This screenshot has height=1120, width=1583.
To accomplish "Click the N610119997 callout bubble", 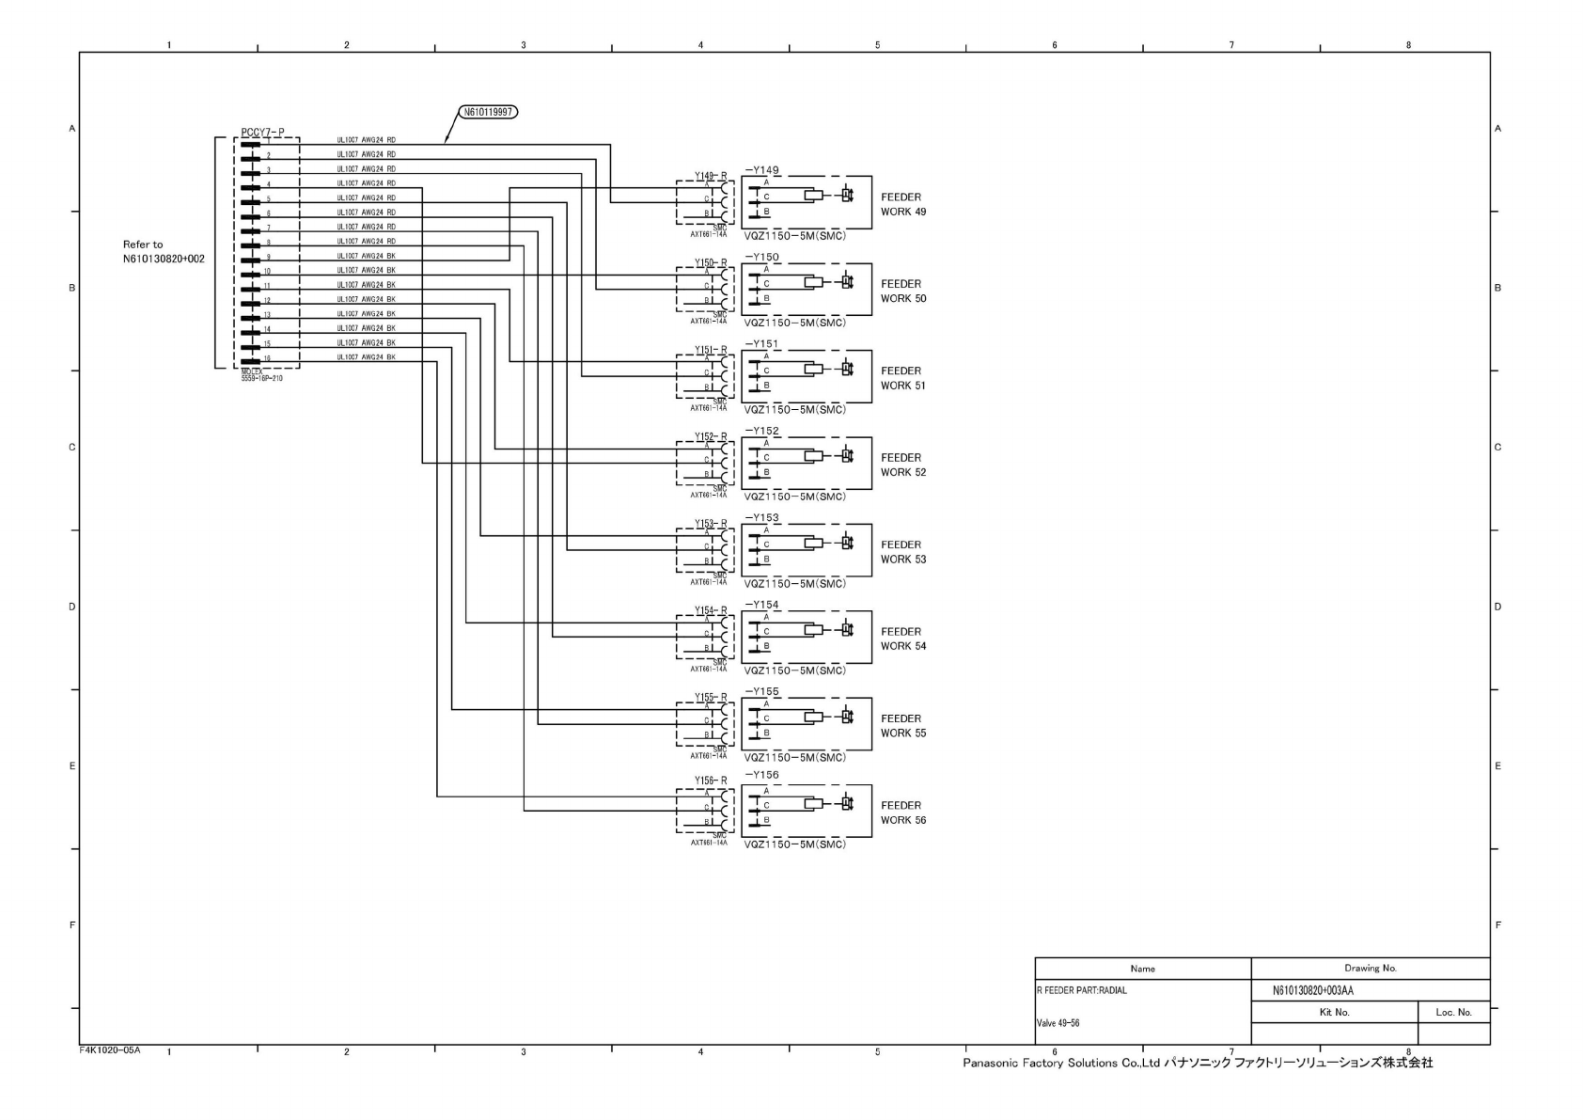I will [x=489, y=112].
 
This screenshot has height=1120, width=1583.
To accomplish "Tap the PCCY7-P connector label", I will [x=262, y=133].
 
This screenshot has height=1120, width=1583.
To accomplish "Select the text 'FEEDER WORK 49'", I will [x=902, y=205].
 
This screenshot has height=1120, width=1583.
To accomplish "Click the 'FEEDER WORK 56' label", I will [x=902, y=812].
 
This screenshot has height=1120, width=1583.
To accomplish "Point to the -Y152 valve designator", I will [x=762, y=431].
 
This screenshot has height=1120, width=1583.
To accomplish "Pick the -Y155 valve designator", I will [x=762, y=691].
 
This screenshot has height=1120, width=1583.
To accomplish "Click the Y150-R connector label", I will [x=711, y=263].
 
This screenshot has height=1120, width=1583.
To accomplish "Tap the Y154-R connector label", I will [x=711, y=611].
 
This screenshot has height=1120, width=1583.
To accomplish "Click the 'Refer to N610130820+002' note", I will [x=163, y=251].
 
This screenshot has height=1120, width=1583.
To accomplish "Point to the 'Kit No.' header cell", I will [x=1334, y=1012].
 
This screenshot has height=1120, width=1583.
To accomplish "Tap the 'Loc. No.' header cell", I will [x=1453, y=1012].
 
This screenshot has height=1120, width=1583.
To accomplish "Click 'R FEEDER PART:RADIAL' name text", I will [x=1081, y=990].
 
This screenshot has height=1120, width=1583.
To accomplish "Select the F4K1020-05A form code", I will [x=110, y=1049].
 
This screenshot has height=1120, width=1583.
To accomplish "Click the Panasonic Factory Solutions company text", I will [x=1197, y=1063].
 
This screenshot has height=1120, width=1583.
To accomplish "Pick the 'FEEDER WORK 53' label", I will [x=902, y=552].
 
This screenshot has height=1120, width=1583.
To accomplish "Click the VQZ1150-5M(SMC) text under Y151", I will [x=794, y=410].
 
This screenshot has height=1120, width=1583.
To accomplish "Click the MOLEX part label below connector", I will [x=261, y=375].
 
